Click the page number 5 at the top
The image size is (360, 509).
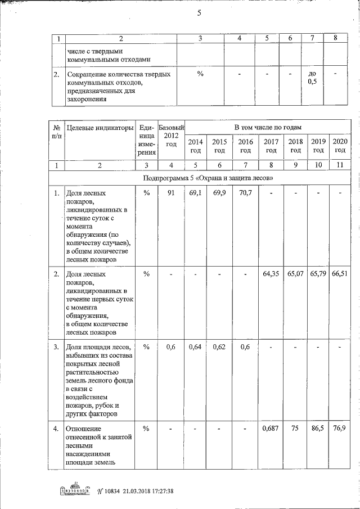coord(199,15)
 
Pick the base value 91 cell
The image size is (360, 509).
coord(171,193)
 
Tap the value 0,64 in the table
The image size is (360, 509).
coord(195,347)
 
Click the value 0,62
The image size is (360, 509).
coord(219,347)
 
